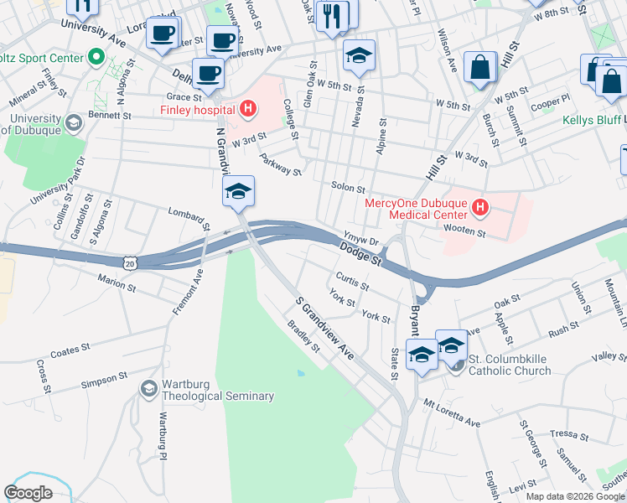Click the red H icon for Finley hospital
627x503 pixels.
pos(247,108)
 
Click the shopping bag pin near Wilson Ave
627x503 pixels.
pos(480,70)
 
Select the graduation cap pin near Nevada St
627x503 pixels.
pos(358,57)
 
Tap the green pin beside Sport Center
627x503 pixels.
pos(96,58)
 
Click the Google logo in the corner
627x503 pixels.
pos(28,493)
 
